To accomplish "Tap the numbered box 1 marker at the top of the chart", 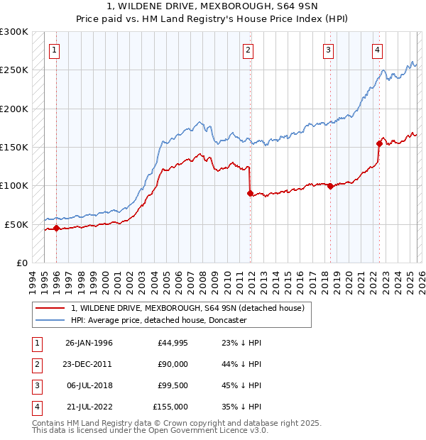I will click(55, 50).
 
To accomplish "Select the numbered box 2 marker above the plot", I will click(248, 50).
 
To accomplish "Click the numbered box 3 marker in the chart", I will click(329, 50).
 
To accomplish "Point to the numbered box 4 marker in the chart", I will click(378, 50).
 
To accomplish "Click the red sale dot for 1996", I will click(56, 228).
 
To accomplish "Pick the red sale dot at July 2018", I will click(330, 186).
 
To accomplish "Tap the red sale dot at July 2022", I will click(379, 143).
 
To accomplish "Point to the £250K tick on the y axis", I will click(14, 70).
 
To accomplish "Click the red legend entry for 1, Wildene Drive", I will click(187, 308).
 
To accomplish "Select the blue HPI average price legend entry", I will click(158, 320).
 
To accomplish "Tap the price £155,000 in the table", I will click(170, 407).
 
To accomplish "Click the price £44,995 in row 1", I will click(173, 343).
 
